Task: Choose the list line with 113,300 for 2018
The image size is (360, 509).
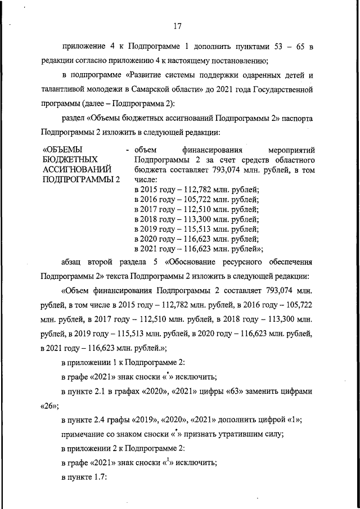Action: click(196, 219)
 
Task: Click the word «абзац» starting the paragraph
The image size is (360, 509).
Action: click(73, 263)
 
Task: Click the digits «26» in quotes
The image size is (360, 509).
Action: click(49, 404)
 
